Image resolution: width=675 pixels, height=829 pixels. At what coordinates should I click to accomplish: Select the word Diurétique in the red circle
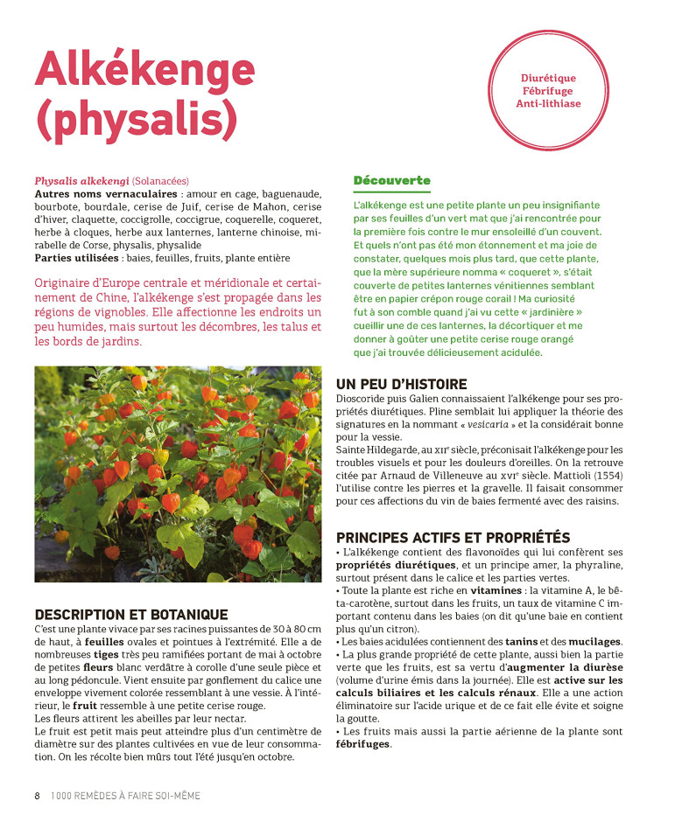548,79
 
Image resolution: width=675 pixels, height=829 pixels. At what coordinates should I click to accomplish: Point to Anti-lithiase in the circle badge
548,103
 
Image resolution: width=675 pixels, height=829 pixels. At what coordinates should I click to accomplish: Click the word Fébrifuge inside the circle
548,91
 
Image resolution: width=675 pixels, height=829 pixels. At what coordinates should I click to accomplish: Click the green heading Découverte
391,180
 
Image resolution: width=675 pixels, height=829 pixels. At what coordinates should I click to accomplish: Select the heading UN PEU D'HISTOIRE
401,384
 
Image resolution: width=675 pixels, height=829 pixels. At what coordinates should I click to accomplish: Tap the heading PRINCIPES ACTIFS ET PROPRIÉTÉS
453,537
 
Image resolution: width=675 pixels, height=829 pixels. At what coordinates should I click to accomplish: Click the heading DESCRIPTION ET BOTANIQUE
130,615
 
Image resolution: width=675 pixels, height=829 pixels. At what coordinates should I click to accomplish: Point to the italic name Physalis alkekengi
81,181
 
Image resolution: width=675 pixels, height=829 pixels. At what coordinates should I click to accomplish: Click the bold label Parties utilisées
75,259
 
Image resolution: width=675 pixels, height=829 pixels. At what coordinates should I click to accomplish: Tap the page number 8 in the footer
37,796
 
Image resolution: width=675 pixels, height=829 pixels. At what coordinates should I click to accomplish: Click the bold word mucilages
593,641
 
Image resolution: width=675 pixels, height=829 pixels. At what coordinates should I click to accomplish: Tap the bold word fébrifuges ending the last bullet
362,743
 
